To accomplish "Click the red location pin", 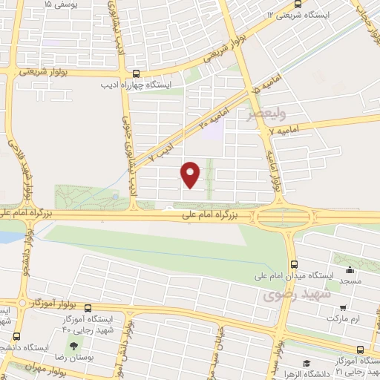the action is click(x=191, y=174).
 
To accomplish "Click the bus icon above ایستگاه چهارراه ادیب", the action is click(x=136, y=73).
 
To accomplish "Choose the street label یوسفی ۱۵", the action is click(x=59, y=4).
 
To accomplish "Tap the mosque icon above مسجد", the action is click(x=349, y=269).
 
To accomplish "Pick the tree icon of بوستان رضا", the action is click(x=75, y=346).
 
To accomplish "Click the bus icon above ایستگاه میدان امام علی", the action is click(x=295, y=263).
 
